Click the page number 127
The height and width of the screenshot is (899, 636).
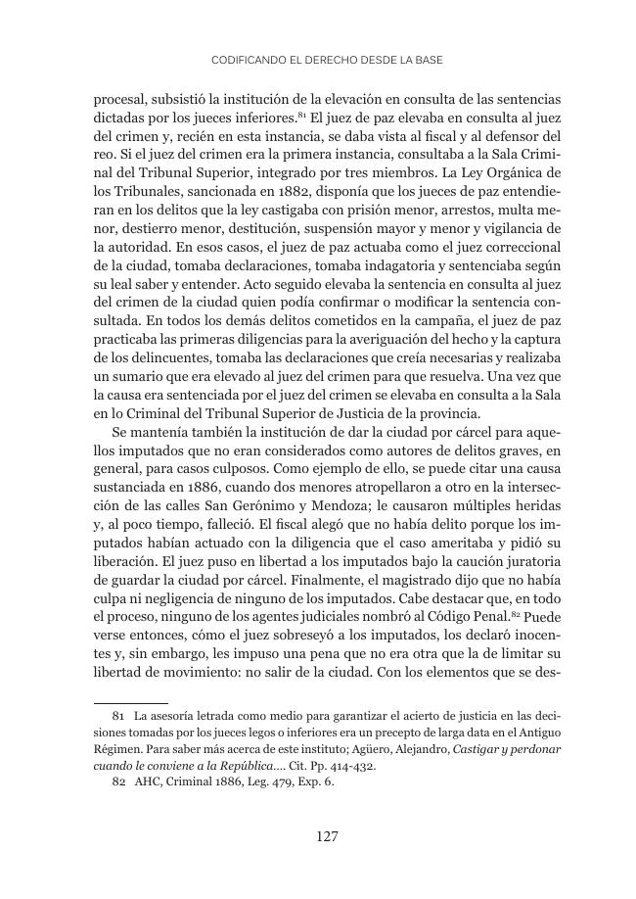(x=327, y=836)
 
